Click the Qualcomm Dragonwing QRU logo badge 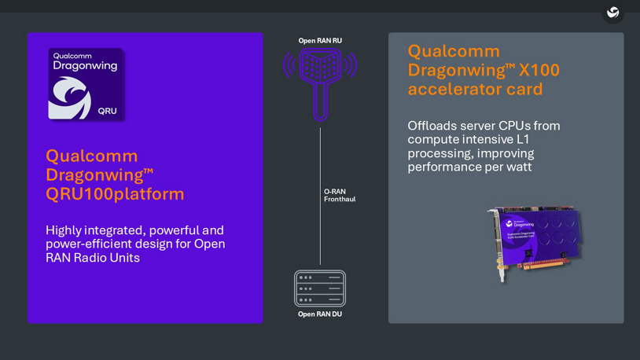pyautogui.click(x=86, y=83)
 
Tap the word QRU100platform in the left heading pyautogui.click(x=115, y=193)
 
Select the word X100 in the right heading pyautogui.click(x=539, y=70)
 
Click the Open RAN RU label pyautogui.click(x=320, y=41)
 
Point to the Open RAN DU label pyautogui.click(x=320, y=314)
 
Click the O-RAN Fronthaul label pyautogui.click(x=340, y=195)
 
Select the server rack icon pyautogui.click(x=320, y=288)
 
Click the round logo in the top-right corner pyautogui.click(x=613, y=13)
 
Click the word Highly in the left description pyautogui.click(x=67, y=230)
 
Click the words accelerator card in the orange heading pyautogui.click(x=475, y=89)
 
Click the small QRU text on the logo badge pyautogui.click(x=108, y=111)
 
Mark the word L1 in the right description pyautogui.click(x=523, y=139)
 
